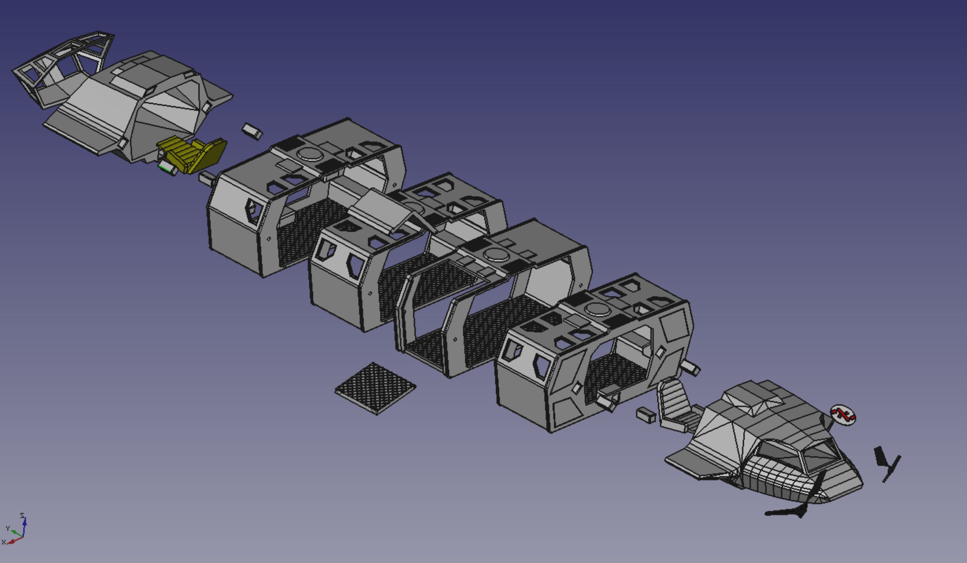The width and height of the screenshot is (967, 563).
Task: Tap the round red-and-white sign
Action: point(843,415)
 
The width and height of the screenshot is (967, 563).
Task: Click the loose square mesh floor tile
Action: point(375,388)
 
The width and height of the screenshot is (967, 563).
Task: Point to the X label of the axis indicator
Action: point(3,542)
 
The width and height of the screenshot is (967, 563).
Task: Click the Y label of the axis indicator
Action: point(7,528)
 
